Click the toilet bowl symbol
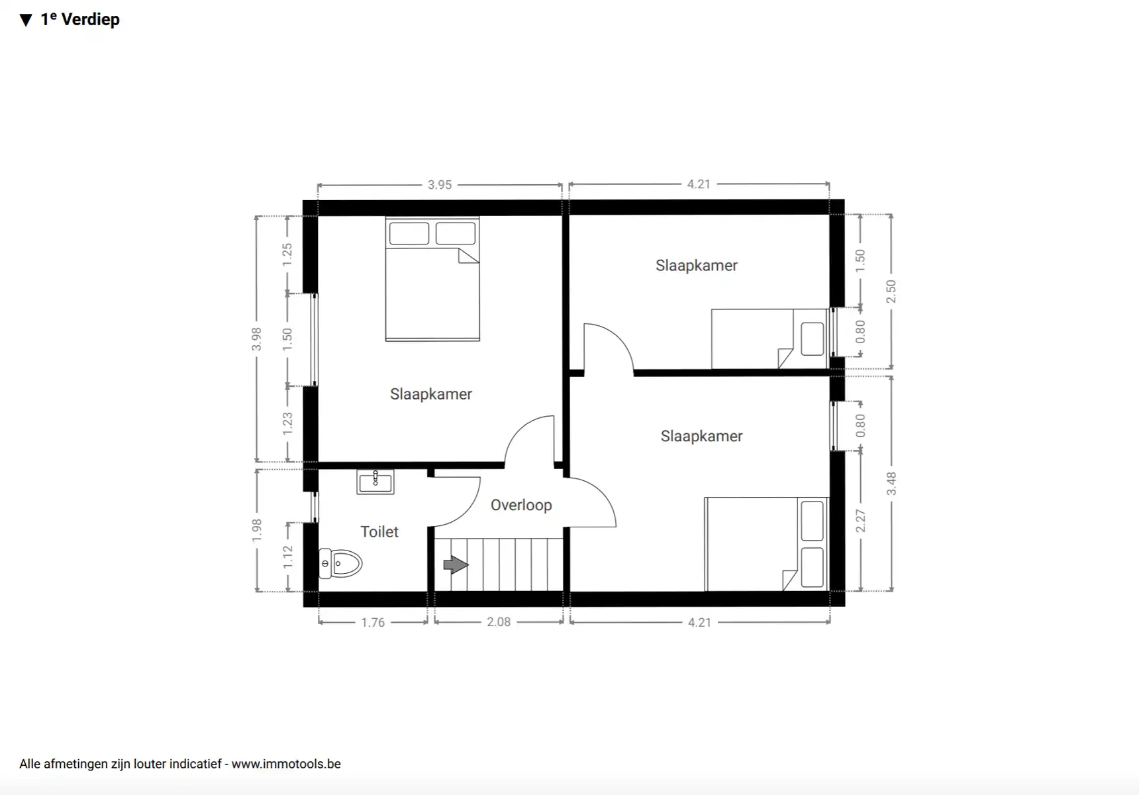click(x=341, y=564)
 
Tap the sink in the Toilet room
click(x=375, y=482)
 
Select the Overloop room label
click(x=521, y=505)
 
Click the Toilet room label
click(x=379, y=532)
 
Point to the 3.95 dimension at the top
click(x=440, y=185)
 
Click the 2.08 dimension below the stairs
click(x=499, y=622)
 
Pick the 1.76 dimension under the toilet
click(x=373, y=623)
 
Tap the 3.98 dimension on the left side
click(x=256, y=339)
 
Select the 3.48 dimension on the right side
click(x=891, y=484)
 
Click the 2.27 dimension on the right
click(x=860, y=521)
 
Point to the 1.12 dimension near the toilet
click(x=287, y=556)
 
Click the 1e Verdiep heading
click(x=80, y=19)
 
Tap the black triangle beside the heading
click(x=26, y=21)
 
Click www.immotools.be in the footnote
click(x=286, y=764)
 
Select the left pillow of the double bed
click(x=409, y=233)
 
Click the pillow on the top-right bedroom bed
click(x=813, y=339)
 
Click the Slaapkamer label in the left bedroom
click(x=431, y=394)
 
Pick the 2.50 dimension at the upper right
click(x=891, y=291)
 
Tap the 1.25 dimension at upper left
click(x=287, y=254)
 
